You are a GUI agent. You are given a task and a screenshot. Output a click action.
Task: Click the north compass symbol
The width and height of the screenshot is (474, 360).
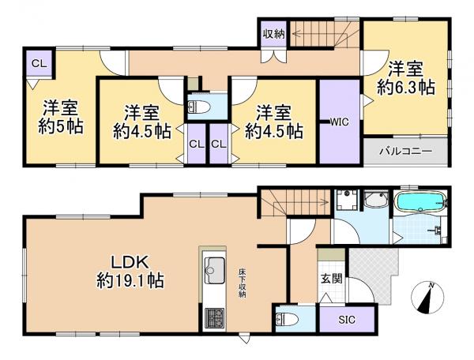(x=427, y=298)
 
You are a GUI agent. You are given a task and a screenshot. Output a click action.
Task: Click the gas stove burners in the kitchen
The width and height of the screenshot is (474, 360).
(x=214, y=318)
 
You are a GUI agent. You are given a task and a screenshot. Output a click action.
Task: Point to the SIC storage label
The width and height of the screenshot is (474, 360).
(x=347, y=320)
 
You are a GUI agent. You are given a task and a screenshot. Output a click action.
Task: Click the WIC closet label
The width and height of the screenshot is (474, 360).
(x=339, y=122)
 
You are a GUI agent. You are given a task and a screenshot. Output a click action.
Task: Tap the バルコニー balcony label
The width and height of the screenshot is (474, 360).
(x=406, y=151)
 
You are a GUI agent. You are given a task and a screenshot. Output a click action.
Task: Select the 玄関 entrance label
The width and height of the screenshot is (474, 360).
(x=331, y=279)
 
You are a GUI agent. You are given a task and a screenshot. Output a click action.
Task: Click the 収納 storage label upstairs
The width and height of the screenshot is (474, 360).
(x=273, y=34)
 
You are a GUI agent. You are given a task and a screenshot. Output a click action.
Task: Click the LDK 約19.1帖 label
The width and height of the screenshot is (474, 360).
(x=130, y=272)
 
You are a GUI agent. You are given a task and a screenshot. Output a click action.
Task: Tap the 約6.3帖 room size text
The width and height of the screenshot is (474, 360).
(x=406, y=88)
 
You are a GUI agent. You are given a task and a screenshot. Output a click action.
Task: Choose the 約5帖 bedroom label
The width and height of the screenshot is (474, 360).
(x=61, y=127)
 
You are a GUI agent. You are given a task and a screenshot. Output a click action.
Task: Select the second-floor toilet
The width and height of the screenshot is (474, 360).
(x=199, y=107)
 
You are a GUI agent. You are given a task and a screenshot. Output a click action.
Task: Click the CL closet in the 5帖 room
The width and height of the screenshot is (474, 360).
(x=39, y=63)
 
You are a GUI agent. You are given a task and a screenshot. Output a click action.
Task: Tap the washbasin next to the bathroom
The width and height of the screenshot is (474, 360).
(x=376, y=200)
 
